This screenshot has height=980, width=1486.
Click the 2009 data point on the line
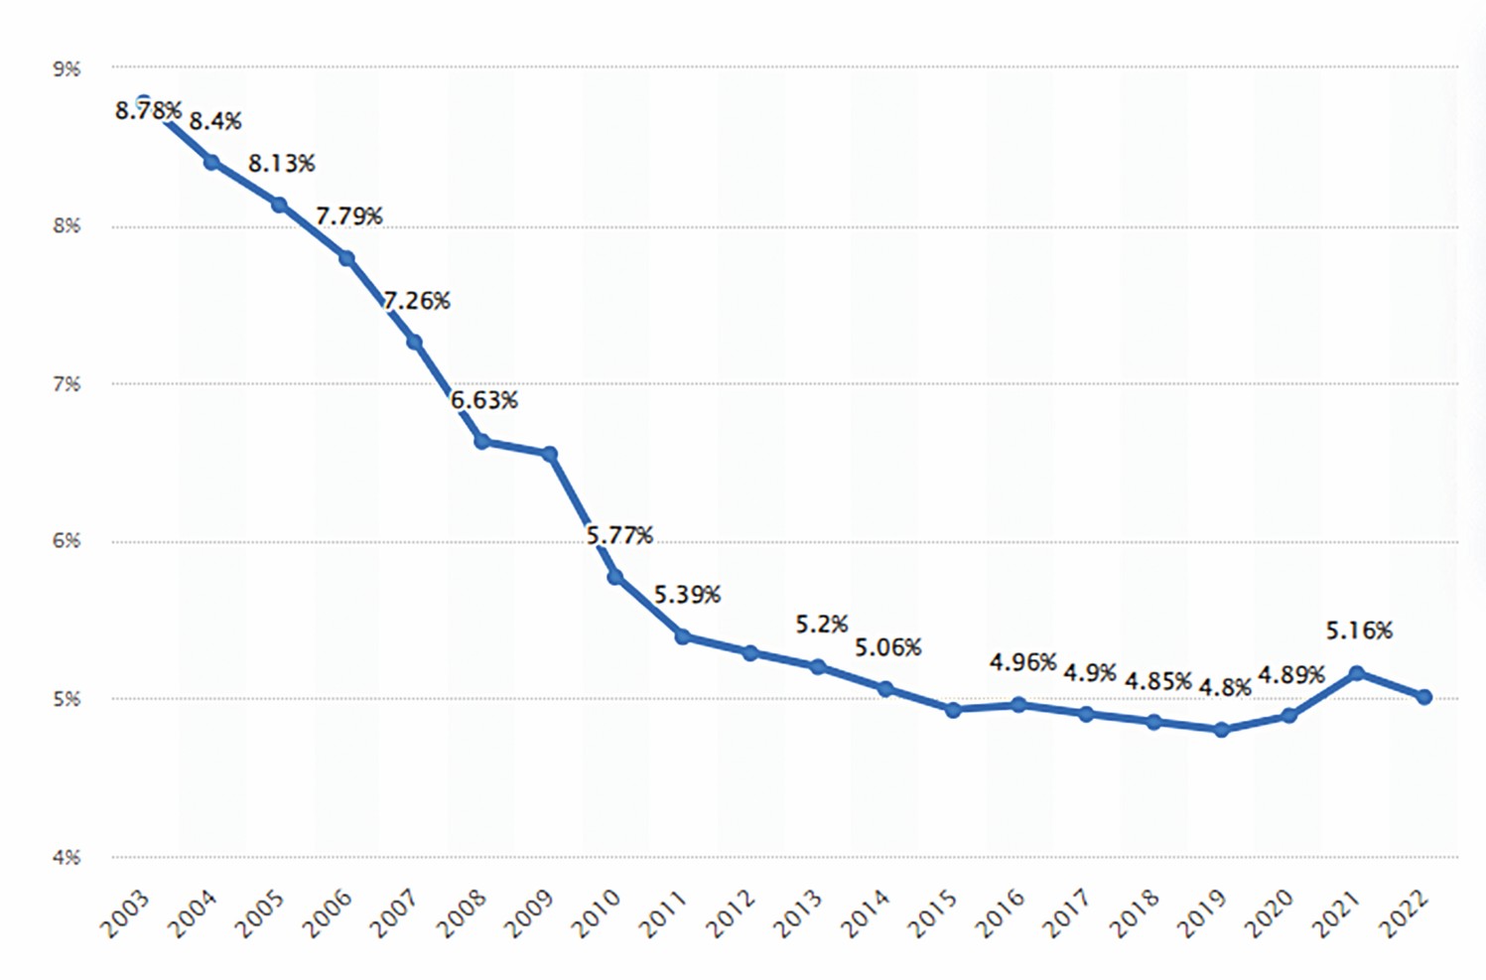[549, 454]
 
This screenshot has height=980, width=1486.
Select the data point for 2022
[1424, 697]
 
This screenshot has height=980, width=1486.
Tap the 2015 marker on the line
[953, 710]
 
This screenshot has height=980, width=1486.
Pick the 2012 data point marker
[750, 653]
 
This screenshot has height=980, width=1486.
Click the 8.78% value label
[148, 110]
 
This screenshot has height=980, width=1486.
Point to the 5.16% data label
[1359, 630]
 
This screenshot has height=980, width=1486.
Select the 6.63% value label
[484, 400]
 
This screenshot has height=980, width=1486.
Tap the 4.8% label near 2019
[1225, 687]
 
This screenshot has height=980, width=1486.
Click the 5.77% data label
[619, 536]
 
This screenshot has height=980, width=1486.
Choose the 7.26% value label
[417, 300]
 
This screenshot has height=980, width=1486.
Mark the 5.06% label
[888, 647]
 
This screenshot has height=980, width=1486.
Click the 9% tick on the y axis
[67, 69]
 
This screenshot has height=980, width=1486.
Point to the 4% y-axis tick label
[67, 857]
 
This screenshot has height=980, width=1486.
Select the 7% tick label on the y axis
[67, 384]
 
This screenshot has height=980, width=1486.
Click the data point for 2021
[1357, 673]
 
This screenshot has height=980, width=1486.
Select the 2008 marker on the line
[481, 441]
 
